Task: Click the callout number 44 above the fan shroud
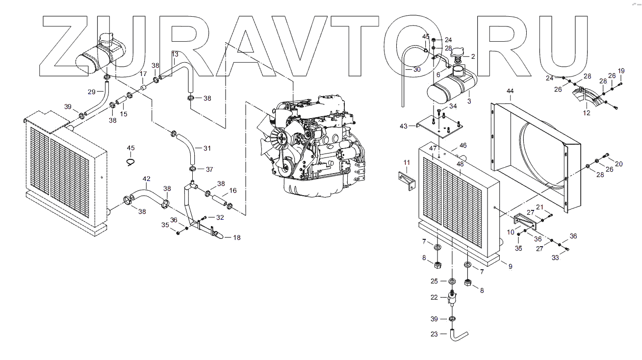tap(510, 92)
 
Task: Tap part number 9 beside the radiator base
tap(510, 266)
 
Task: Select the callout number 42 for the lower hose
tap(147, 179)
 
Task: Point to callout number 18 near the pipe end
tap(237, 238)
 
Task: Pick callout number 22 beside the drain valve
tap(434, 298)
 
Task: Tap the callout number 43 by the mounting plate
tap(404, 126)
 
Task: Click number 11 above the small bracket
tap(407, 162)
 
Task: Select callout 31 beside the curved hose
tap(206, 148)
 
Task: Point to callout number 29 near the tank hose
tap(92, 92)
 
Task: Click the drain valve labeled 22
tap(452, 298)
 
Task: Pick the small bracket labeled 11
tap(407, 180)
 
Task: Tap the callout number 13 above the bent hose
tap(175, 54)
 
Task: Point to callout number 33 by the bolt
tap(555, 258)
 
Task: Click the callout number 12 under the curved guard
tap(587, 113)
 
